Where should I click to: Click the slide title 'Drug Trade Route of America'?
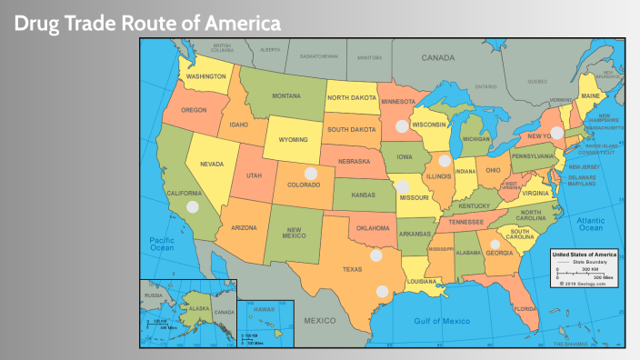146,22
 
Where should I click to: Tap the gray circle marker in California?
193,206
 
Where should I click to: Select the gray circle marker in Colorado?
311,173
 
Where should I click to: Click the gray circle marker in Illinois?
445,161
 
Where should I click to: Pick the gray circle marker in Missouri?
402,187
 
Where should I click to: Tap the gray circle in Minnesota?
401,125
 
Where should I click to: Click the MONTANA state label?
286,95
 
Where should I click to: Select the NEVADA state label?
211,164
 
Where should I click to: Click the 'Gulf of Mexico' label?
442,321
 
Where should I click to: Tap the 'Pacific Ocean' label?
162,243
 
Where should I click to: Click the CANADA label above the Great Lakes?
437,57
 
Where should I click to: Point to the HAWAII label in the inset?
263,309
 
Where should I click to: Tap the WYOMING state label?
292,140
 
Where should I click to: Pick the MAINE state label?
590,95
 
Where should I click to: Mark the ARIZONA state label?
243,227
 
